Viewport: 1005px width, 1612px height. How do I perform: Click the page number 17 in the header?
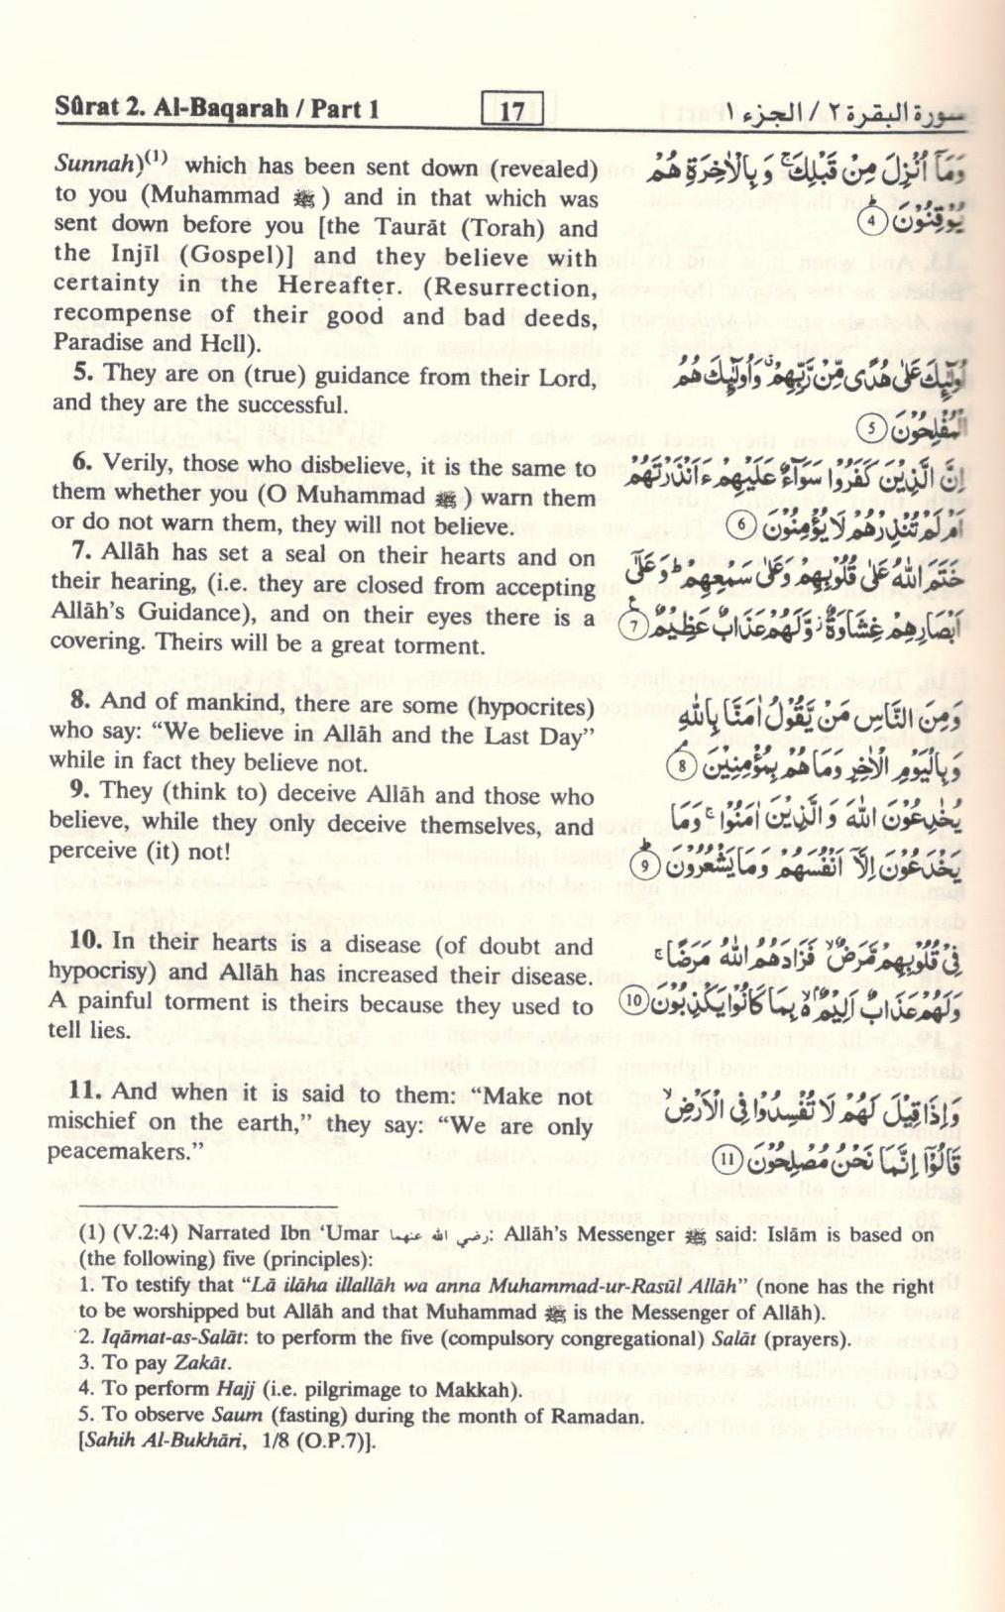511,109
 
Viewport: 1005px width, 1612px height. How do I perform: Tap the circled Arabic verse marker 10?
632,1001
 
